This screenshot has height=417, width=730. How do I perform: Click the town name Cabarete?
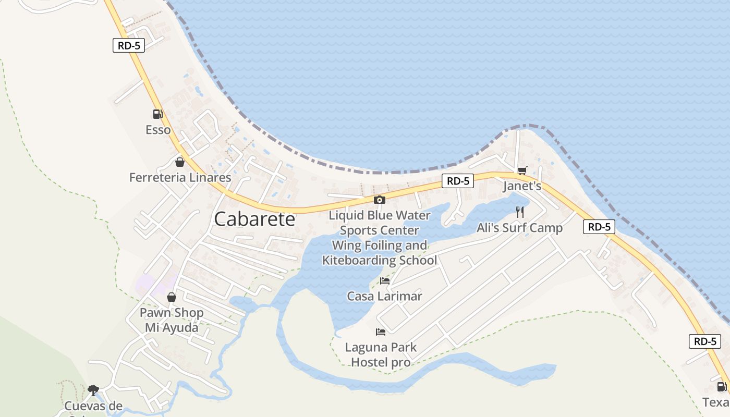point(254,219)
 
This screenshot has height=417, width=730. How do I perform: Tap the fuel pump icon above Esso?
point(157,114)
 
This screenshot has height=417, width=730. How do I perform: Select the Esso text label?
point(158,130)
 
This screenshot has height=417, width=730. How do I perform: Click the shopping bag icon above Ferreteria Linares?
point(180,162)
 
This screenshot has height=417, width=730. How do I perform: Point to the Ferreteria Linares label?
point(180,178)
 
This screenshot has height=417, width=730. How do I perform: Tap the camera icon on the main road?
point(380,200)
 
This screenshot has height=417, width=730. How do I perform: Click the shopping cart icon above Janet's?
point(522,170)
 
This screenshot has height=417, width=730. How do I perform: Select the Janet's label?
point(522,186)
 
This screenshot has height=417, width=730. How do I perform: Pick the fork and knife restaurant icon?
point(519,212)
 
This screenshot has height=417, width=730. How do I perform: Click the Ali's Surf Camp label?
point(519,228)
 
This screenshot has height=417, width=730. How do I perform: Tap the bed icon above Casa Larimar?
point(385,280)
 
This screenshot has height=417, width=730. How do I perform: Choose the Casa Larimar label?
point(385,297)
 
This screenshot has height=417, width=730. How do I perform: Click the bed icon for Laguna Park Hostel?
point(381,332)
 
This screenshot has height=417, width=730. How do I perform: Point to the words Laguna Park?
point(381,347)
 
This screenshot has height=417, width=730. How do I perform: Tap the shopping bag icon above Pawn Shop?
point(172,297)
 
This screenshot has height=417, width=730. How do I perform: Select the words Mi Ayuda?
point(172,328)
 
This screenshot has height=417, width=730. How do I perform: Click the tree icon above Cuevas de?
point(93,390)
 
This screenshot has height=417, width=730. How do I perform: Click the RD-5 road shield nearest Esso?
point(128,45)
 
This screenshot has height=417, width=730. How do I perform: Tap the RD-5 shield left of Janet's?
point(458,181)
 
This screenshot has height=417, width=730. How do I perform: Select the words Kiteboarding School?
point(380,261)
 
